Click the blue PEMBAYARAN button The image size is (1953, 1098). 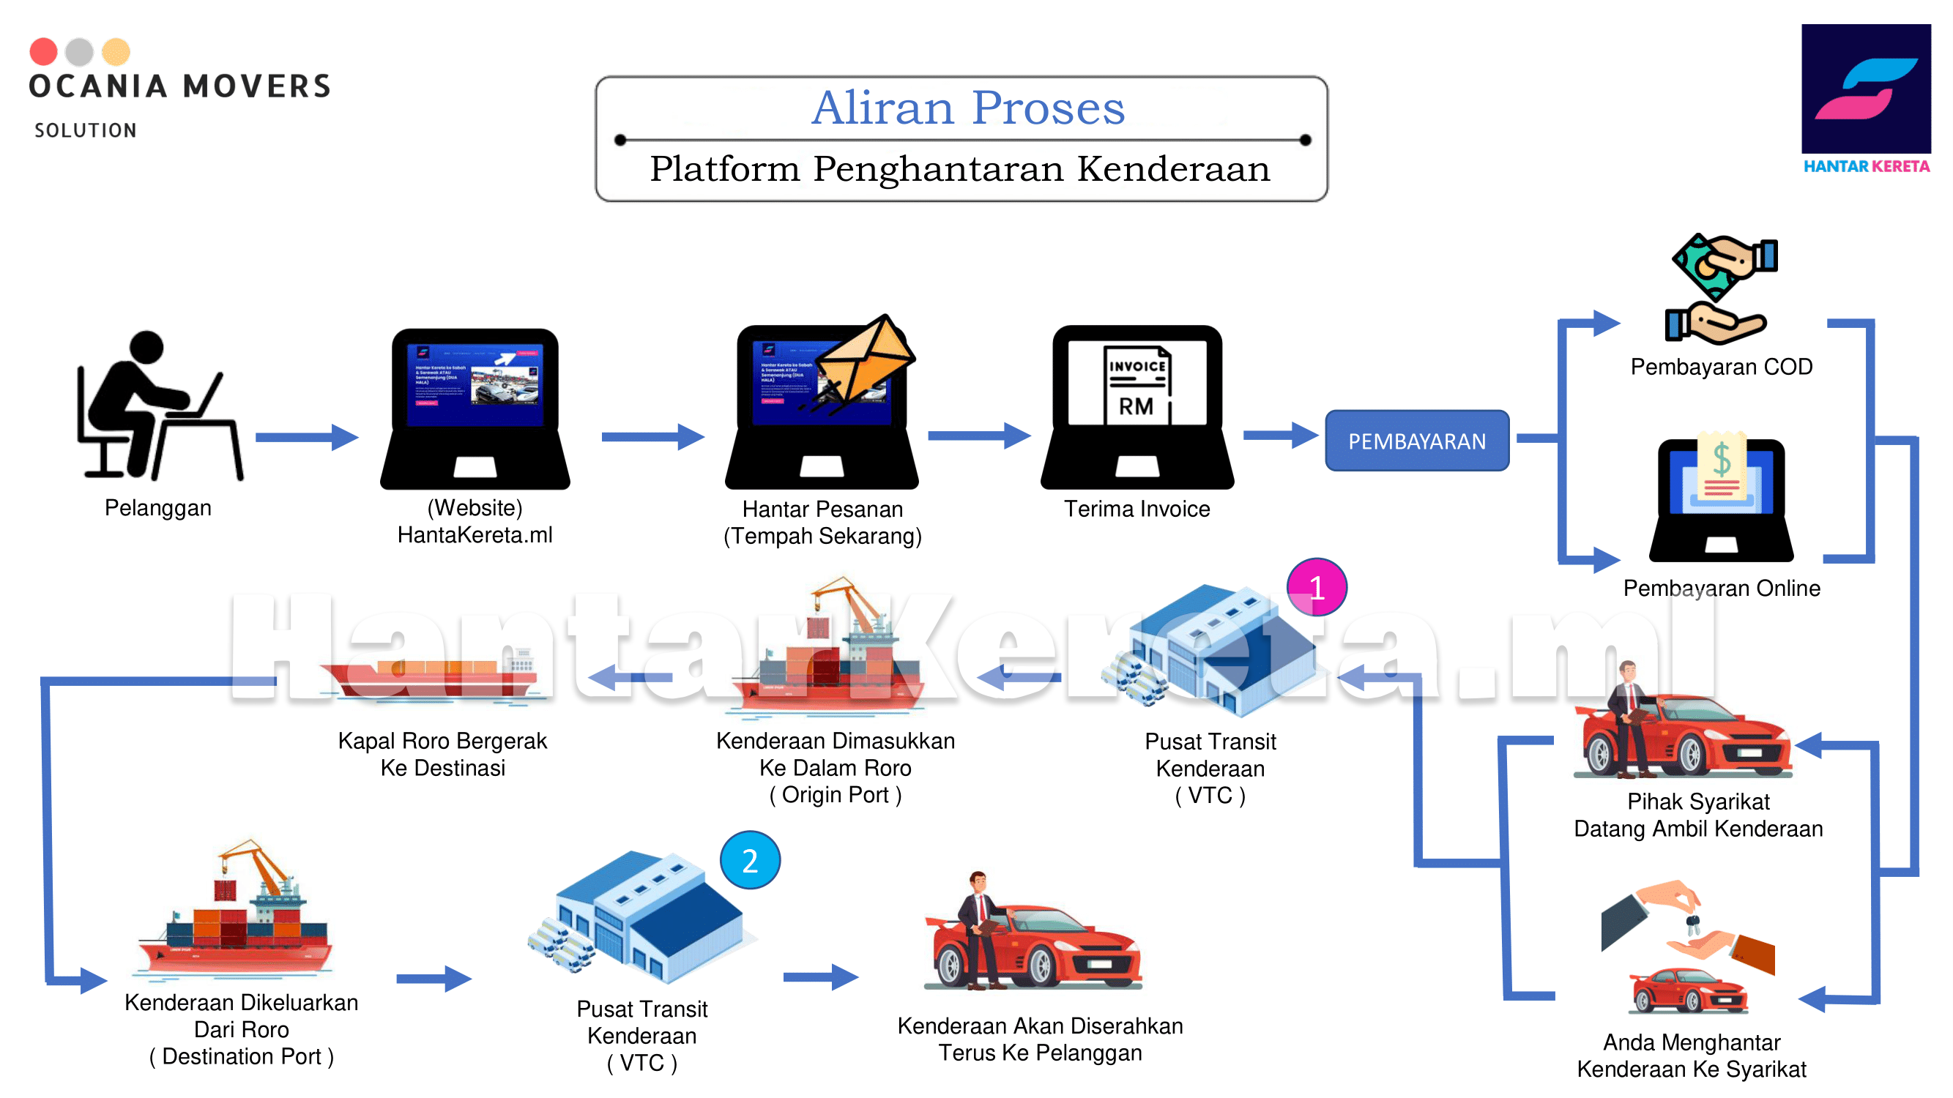click(x=1416, y=440)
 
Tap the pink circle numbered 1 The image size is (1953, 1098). click(x=1316, y=587)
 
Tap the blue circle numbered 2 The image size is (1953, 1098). click(x=749, y=860)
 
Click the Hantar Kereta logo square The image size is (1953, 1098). click(x=1865, y=89)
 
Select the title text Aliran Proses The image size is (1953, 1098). click(x=967, y=108)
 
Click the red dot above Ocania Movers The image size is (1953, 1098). click(x=43, y=51)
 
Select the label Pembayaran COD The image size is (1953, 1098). click(x=1720, y=367)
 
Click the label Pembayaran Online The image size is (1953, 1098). click(x=1720, y=588)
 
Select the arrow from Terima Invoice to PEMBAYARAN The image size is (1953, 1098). click(x=1279, y=435)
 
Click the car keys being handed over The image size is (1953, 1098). click(x=1692, y=923)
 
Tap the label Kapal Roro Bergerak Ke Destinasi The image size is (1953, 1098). click(x=442, y=754)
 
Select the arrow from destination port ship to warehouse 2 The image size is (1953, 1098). click(x=433, y=978)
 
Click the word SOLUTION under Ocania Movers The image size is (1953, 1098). click(x=86, y=130)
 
